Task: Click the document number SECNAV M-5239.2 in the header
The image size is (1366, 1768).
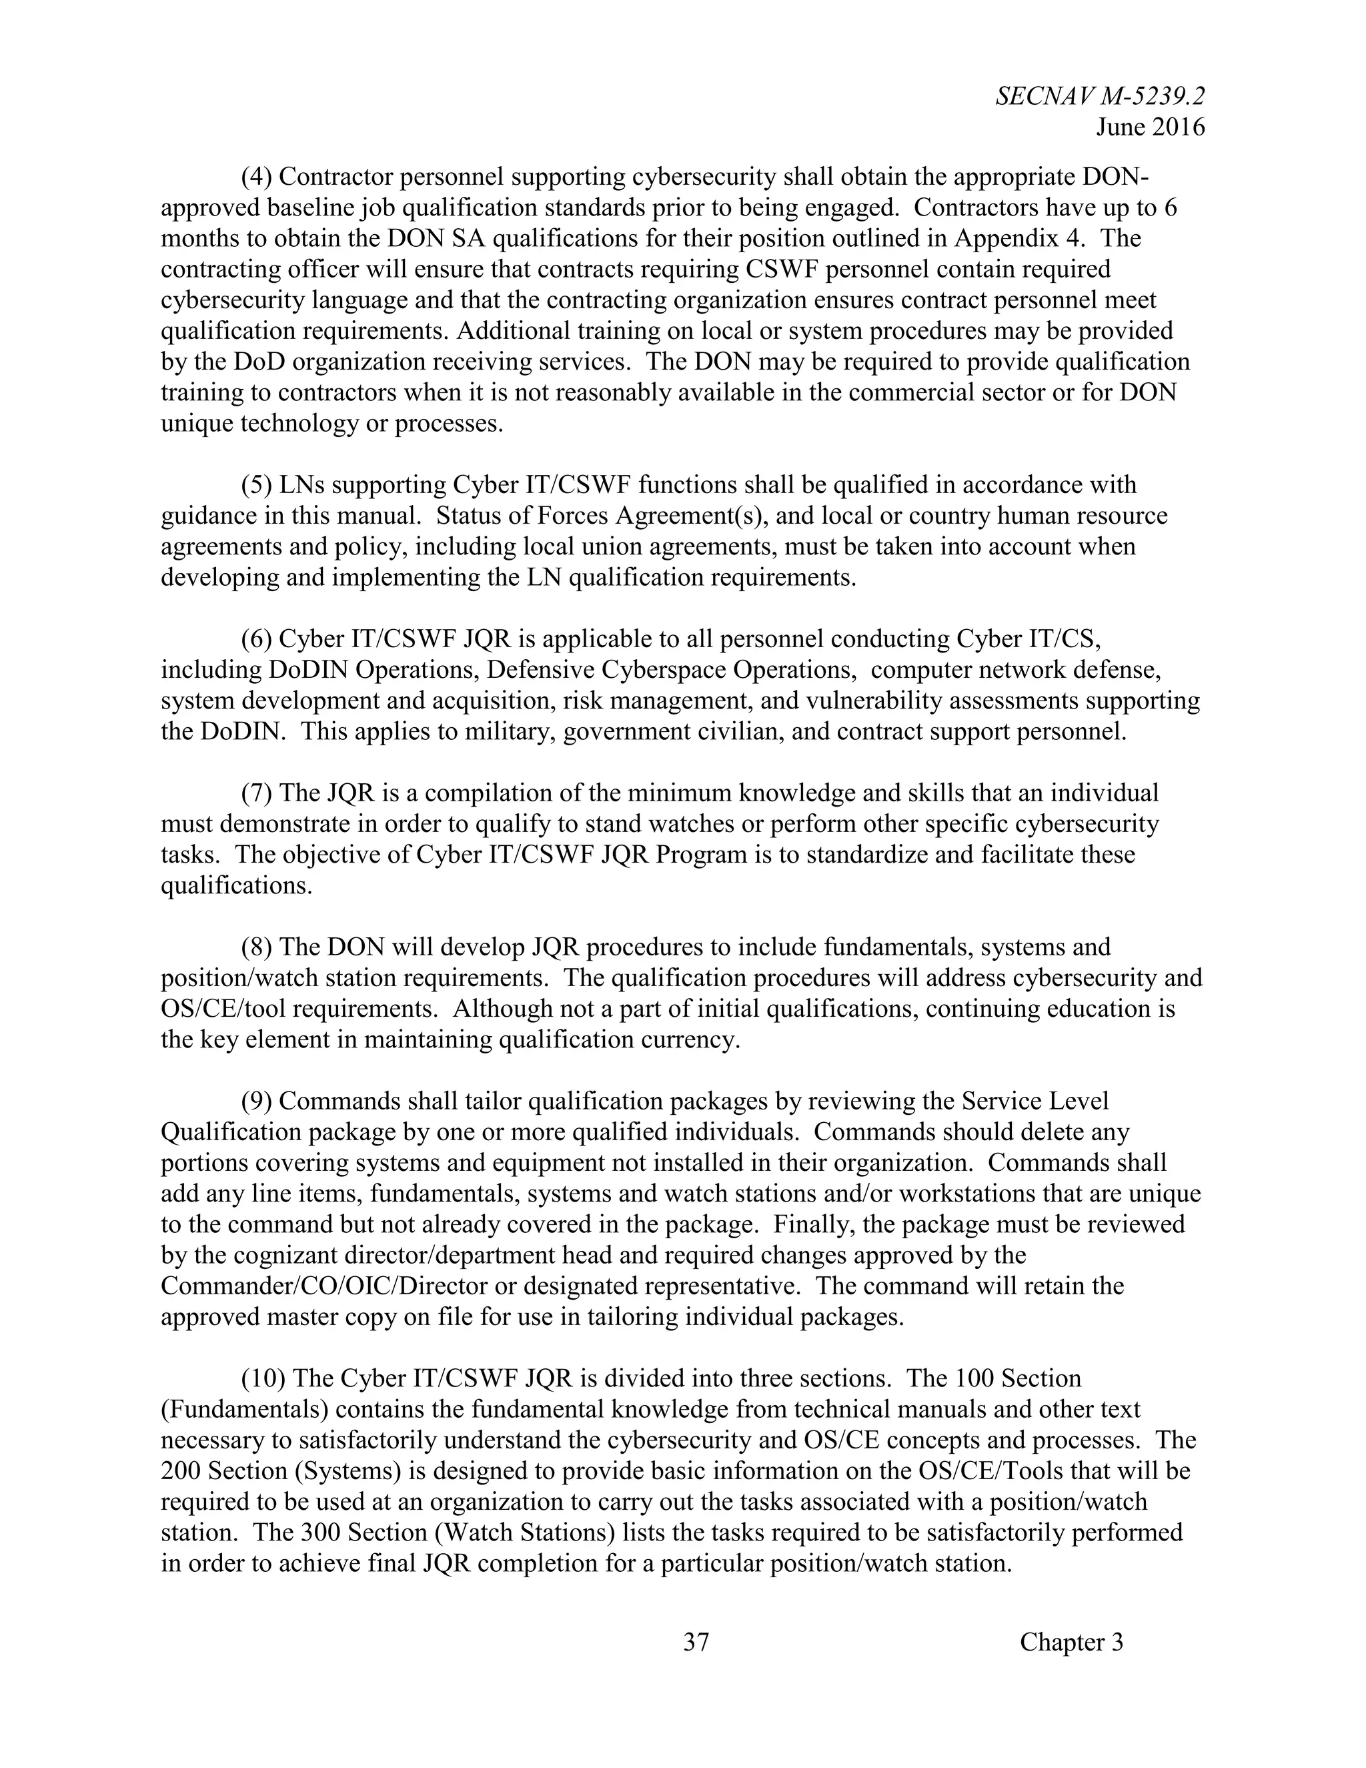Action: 1100,96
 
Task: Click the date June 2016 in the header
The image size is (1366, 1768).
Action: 1150,127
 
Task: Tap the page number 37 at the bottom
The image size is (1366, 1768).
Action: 696,1642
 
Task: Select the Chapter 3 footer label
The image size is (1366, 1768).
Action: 1071,1642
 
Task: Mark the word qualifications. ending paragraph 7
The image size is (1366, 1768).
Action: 236,885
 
